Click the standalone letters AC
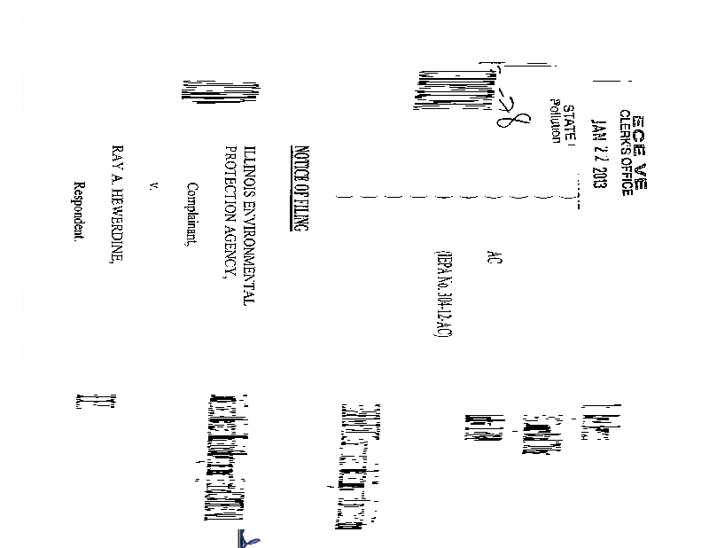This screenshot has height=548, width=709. point(494,262)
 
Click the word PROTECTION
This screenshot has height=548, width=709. point(231,181)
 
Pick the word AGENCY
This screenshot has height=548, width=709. point(231,247)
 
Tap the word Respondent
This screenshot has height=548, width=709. point(78,213)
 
